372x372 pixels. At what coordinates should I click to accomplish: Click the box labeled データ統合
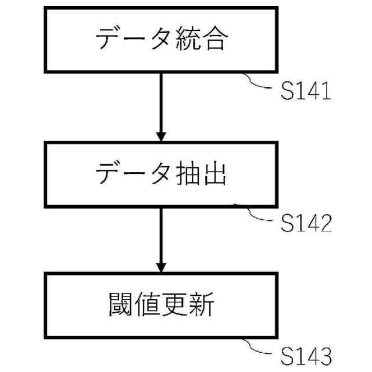[x=161, y=40]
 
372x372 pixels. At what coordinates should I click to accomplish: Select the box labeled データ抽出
[x=161, y=173]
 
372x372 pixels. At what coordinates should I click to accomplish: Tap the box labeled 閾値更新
[x=161, y=305]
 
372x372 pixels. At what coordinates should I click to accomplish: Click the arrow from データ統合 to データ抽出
[x=161, y=105]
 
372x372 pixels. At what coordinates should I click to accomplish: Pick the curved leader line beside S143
[x=259, y=347]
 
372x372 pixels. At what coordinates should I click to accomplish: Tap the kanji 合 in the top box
[x=211, y=40]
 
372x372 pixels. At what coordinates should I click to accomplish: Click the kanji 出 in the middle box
[x=211, y=173]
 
